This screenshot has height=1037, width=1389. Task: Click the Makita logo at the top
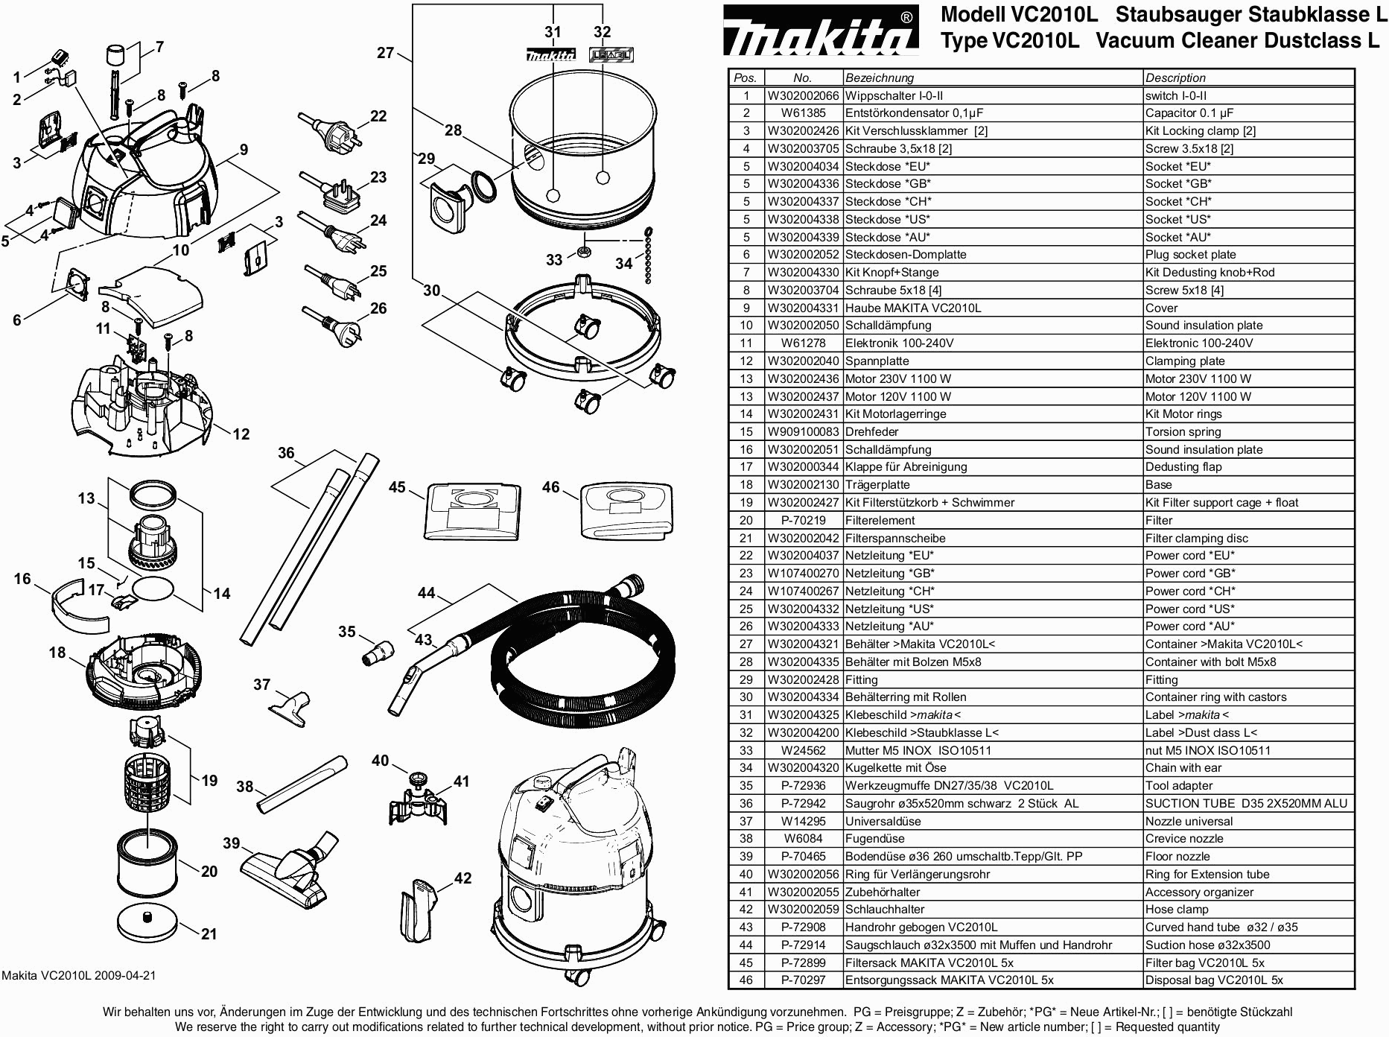pos(820,31)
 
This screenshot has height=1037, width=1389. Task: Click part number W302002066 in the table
pos(803,95)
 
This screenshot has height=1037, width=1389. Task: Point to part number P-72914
pos(803,945)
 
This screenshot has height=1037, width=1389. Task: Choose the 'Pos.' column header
pos(746,77)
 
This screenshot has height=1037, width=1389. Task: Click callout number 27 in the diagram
pos(385,53)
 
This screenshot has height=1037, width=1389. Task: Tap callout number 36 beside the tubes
pos(286,453)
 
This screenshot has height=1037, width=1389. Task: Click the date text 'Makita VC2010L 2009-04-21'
pos(79,975)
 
